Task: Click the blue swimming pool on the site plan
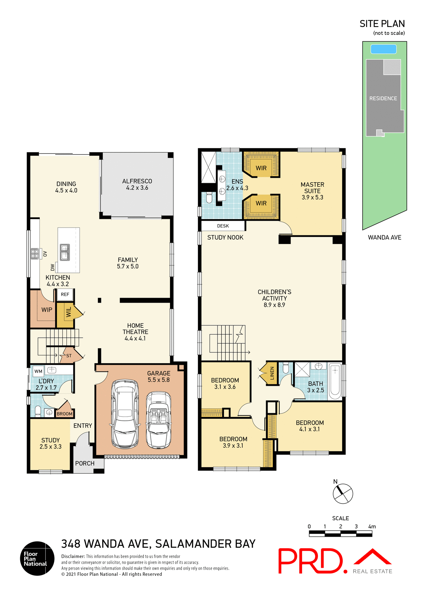click(383, 49)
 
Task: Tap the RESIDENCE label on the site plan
click(383, 98)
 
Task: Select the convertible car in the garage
click(159, 420)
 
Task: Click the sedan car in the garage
click(125, 414)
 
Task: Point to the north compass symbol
click(343, 493)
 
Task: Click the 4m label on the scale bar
click(372, 526)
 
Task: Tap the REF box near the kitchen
click(65, 294)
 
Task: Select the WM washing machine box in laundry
click(38, 371)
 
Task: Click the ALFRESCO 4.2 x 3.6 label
click(137, 184)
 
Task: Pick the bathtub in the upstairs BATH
click(335, 382)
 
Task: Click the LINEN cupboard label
click(272, 373)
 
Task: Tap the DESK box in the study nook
click(223, 226)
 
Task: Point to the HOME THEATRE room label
click(135, 332)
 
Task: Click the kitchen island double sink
click(65, 252)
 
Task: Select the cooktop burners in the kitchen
click(34, 254)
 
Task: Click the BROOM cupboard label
click(64, 414)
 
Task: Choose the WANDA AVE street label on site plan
click(384, 237)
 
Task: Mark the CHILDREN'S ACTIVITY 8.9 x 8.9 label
click(274, 298)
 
